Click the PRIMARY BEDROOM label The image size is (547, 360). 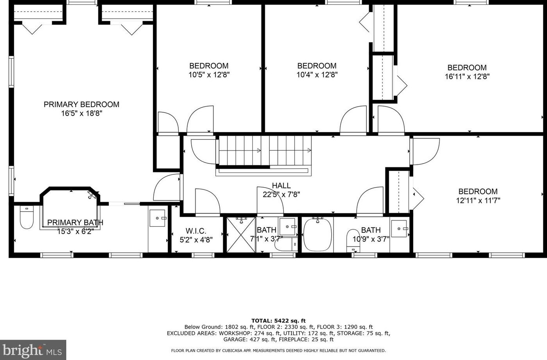tap(81, 105)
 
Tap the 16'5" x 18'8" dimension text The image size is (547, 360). tap(82, 113)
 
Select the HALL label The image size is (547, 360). tap(281, 186)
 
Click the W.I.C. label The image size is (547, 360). tap(196, 231)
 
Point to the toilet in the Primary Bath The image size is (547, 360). tap(27, 217)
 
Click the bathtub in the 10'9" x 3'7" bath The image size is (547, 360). tap(318, 235)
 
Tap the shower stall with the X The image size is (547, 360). tap(241, 235)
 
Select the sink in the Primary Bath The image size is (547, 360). tap(158, 218)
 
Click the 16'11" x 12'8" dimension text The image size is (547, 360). tap(467, 76)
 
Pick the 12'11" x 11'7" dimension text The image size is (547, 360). tap(478, 200)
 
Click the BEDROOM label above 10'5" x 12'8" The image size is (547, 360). tap(209, 66)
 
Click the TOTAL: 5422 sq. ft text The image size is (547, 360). tap(279, 321)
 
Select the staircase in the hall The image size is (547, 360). tap(265, 151)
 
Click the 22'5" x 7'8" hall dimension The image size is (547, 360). tap(281, 195)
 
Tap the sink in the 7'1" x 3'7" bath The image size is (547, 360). tap(288, 227)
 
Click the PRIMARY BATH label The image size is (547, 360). tap(75, 223)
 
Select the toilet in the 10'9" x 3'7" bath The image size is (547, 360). tap(353, 241)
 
